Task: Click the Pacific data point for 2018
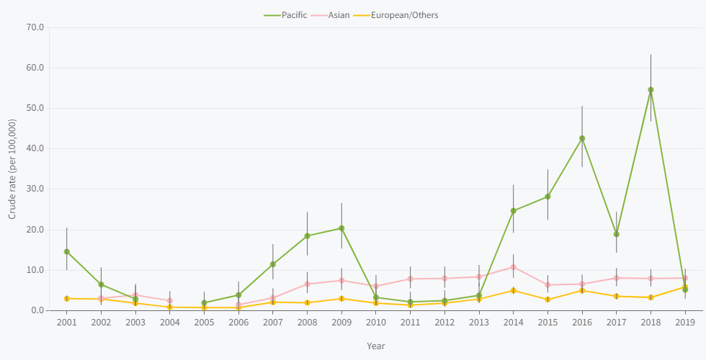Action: click(x=651, y=90)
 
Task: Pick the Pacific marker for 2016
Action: click(x=582, y=138)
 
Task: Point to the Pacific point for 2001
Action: click(x=66, y=252)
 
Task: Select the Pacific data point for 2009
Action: click(x=341, y=228)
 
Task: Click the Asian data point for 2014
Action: click(x=514, y=267)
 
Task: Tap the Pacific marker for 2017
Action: click(x=616, y=234)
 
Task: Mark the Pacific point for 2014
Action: click(x=514, y=211)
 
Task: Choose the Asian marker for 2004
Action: click(x=169, y=300)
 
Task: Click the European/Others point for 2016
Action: click(x=582, y=290)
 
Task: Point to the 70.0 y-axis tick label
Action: click(x=35, y=27)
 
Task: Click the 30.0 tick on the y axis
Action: click(x=35, y=189)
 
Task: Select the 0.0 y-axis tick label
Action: click(x=37, y=310)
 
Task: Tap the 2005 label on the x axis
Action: click(x=204, y=323)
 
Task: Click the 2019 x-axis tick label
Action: click(x=685, y=323)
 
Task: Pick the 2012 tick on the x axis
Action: click(x=444, y=323)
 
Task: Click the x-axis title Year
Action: click(x=375, y=346)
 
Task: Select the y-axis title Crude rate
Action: click(x=12, y=169)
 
